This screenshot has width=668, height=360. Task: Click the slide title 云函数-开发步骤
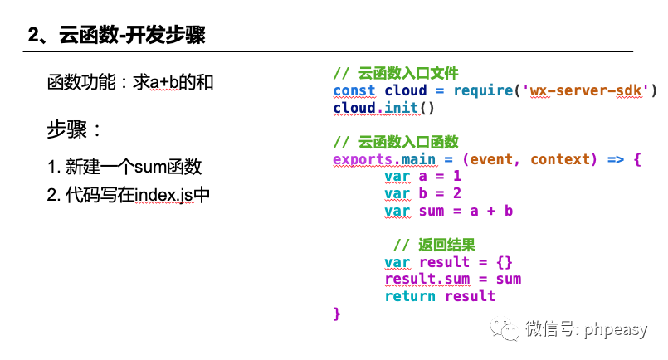(x=116, y=36)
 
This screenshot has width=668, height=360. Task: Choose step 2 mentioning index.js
(x=129, y=196)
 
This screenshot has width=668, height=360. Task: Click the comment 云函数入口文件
(x=396, y=73)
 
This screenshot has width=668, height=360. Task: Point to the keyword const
(x=354, y=90)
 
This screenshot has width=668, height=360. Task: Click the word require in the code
(x=483, y=90)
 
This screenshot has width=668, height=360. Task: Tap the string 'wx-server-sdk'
(x=586, y=90)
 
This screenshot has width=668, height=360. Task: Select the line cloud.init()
(x=384, y=108)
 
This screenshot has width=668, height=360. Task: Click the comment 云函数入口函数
(x=396, y=142)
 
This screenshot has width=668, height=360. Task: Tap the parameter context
(x=563, y=159)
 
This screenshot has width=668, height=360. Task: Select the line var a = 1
(x=422, y=176)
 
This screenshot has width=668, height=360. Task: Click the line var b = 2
(x=422, y=193)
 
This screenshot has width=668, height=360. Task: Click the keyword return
(x=410, y=296)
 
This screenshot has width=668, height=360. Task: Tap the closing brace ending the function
(x=337, y=314)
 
